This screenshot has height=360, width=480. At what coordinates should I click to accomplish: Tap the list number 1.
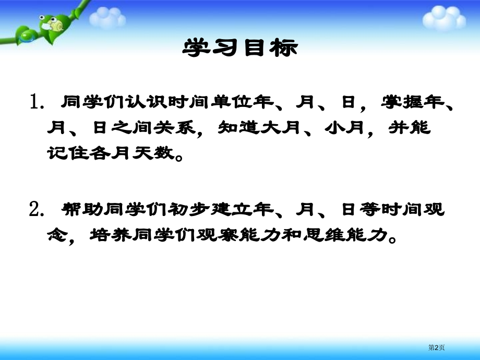click(38, 102)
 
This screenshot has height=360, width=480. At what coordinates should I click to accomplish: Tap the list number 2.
click(38, 210)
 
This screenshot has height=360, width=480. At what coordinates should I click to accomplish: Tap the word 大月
click(281, 128)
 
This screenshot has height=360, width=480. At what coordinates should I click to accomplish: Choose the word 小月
click(344, 128)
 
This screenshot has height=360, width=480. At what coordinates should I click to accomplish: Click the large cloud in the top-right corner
click(443, 18)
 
